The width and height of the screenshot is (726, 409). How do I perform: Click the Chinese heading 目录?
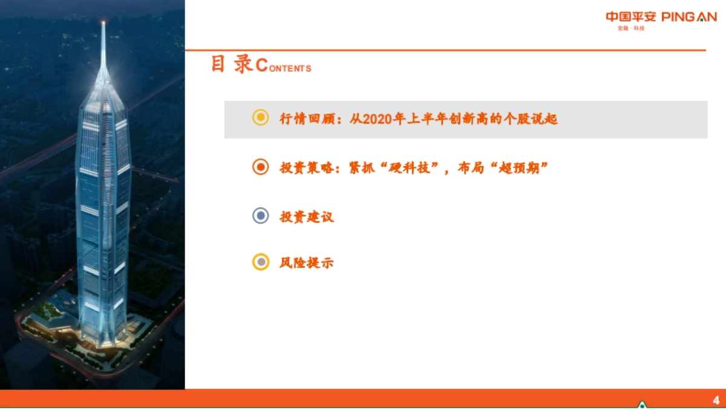click(232, 64)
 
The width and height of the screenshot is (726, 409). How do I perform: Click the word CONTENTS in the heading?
click(284, 67)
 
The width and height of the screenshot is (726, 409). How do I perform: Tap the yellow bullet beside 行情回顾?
click(260, 118)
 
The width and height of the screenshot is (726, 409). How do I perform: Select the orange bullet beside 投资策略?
click(260, 167)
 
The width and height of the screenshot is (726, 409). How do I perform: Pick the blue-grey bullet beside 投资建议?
click(260, 216)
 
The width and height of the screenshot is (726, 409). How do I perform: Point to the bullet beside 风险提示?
click(260, 262)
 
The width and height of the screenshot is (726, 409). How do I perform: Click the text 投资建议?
click(307, 216)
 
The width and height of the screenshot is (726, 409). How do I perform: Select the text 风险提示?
click(307, 263)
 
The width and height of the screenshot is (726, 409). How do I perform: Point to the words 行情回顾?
click(306, 119)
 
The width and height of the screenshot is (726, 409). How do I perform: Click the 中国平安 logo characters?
click(630, 17)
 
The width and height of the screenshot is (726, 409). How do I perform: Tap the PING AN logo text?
click(688, 17)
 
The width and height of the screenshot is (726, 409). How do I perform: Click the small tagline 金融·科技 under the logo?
click(631, 28)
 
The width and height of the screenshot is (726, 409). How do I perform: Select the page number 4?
click(716, 399)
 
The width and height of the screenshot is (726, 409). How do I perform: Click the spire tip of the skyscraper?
click(103, 24)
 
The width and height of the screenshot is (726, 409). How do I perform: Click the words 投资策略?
click(306, 168)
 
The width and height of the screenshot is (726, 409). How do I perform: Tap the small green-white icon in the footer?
click(642, 404)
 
